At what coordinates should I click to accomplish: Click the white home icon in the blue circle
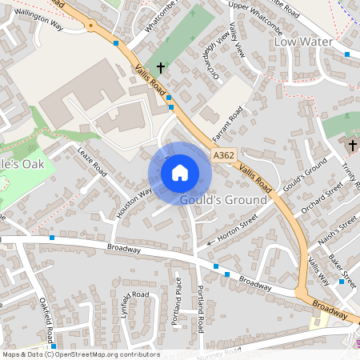(x=180, y=173)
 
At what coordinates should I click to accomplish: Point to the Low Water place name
(x=302, y=41)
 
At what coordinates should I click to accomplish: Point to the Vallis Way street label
(x=318, y=273)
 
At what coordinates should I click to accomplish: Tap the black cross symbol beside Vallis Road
(x=160, y=69)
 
